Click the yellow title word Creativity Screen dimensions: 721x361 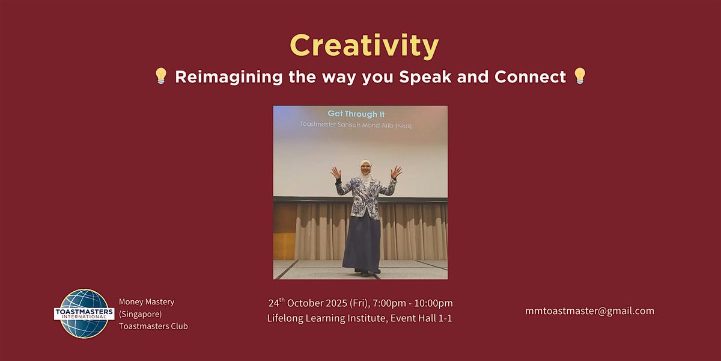pyautogui.click(x=364, y=46)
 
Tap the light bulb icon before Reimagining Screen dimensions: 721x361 pyautogui.click(x=161, y=76)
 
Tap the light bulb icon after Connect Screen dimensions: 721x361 pyautogui.click(x=580, y=76)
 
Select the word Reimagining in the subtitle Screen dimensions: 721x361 pyautogui.click(x=229, y=78)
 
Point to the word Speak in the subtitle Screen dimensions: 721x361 pyautogui.click(x=425, y=78)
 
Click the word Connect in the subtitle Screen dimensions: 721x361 pyautogui.click(x=530, y=77)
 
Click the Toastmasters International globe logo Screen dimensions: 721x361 pyautogui.click(x=84, y=313)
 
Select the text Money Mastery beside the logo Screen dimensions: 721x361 pyautogui.click(x=147, y=302)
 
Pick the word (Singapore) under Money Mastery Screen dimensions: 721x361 pyautogui.click(x=141, y=314)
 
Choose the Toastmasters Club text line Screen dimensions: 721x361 pyautogui.click(x=153, y=326)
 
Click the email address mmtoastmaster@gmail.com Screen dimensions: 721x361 pyautogui.click(x=589, y=310)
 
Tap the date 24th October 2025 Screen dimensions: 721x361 pyautogui.click(x=308, y=303)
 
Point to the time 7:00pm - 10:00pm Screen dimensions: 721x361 pyautogui.click(x=412, y=303)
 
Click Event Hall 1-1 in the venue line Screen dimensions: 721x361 pyautogui.click(x=421, y=318)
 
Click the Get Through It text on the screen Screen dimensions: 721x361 pyautogui.click(x=356, y=114)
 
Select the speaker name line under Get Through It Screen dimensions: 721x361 pyautogui.click(x=356, y=125)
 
